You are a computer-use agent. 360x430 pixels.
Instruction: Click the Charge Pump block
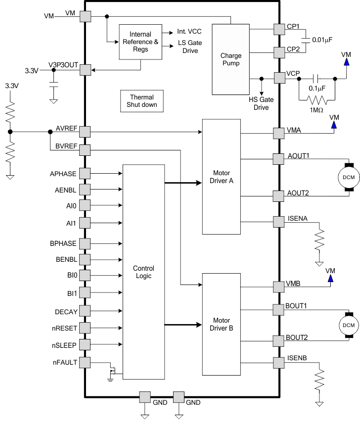coord(230,59)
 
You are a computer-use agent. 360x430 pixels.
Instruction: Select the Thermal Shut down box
coord(142,101)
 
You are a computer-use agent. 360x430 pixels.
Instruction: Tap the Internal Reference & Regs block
coord(140,42)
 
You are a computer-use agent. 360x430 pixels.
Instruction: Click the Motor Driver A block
coord(221,177)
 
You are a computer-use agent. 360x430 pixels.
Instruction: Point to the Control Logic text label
coord(143,272)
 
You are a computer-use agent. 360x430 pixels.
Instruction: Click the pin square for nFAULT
coord(85,362)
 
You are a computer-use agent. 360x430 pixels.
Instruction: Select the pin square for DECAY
coord(85,311)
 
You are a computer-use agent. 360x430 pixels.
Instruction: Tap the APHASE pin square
coord(85,174)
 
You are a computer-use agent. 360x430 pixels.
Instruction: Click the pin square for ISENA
coord(279,221)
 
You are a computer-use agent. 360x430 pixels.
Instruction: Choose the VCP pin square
coord(279,78)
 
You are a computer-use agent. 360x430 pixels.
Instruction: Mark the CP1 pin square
coord(279,30)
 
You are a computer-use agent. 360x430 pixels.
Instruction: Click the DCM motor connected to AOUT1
coord(348,177)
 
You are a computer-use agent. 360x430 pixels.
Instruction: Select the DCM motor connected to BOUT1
coord(348,325)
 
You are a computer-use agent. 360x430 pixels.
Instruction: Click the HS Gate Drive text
coord(261,103)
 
